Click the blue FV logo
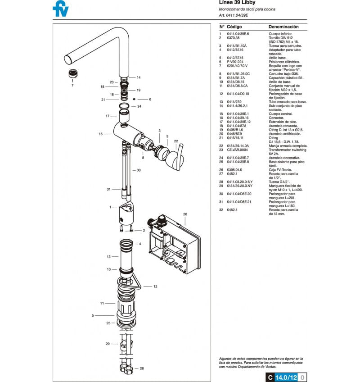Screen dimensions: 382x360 pos(60,9)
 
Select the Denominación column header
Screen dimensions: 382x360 pos(283,27)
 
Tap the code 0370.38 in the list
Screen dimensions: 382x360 pos(234,38)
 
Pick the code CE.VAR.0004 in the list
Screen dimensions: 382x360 pos(237,150)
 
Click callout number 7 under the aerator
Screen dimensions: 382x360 pos(72,85)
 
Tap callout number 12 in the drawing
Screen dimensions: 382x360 pos(155,286)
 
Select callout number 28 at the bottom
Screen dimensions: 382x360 pos(142,368)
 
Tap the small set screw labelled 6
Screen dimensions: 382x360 pos(135,99)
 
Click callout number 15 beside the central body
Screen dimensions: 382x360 pos(101,134)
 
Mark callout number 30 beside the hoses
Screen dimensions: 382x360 pos(139,170)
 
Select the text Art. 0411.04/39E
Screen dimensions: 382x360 pos(233,15)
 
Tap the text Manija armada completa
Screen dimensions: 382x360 pos(288,146)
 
